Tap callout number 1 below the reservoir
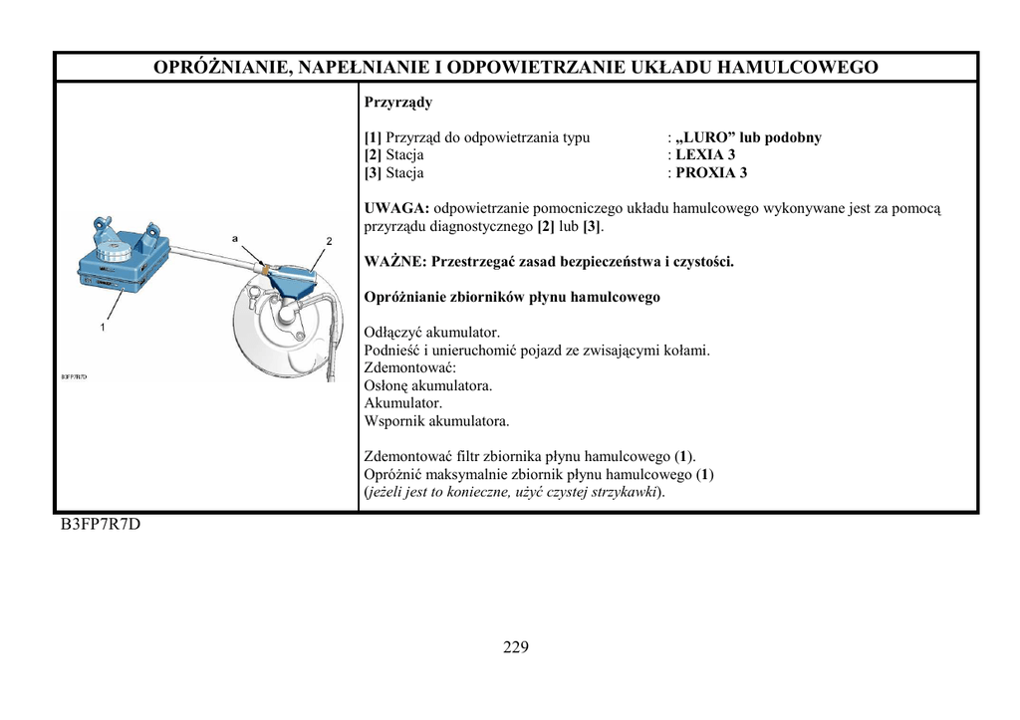pyautogui.click(x=102, y=327)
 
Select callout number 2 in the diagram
pyautogui.click(x=329, y=242)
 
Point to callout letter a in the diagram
pyautogui.click(x=235, y=239)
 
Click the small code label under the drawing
pyautogui.click(x=74, y=376)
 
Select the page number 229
pyautogui.click(x=516, y=647)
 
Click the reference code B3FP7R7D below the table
pyautogui.click(x=101, y=525)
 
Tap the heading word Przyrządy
pyautogui.click(x=398, y=103)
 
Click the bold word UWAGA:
pyautogui.click(x=396, y=208)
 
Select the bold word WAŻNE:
pyautogui.click(x=395, y=262)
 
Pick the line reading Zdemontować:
pyautogui.click(x=410, y=367)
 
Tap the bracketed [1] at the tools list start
pyautogui.click(x=373, y=137)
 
